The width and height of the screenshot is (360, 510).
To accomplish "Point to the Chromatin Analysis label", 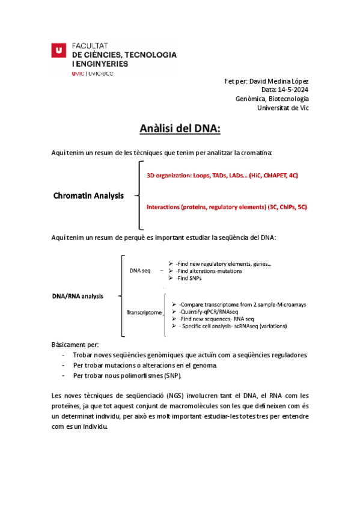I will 88,195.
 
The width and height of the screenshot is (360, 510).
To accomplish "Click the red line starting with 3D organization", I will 222,175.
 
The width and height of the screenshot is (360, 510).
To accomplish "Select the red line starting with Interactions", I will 227,207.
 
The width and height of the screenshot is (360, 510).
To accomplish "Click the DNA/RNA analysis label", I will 78,296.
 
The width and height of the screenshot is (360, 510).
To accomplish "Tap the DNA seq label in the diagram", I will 140,271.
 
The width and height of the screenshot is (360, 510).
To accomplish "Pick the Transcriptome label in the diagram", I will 144,313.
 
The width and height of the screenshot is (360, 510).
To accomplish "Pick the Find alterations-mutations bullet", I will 209,271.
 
